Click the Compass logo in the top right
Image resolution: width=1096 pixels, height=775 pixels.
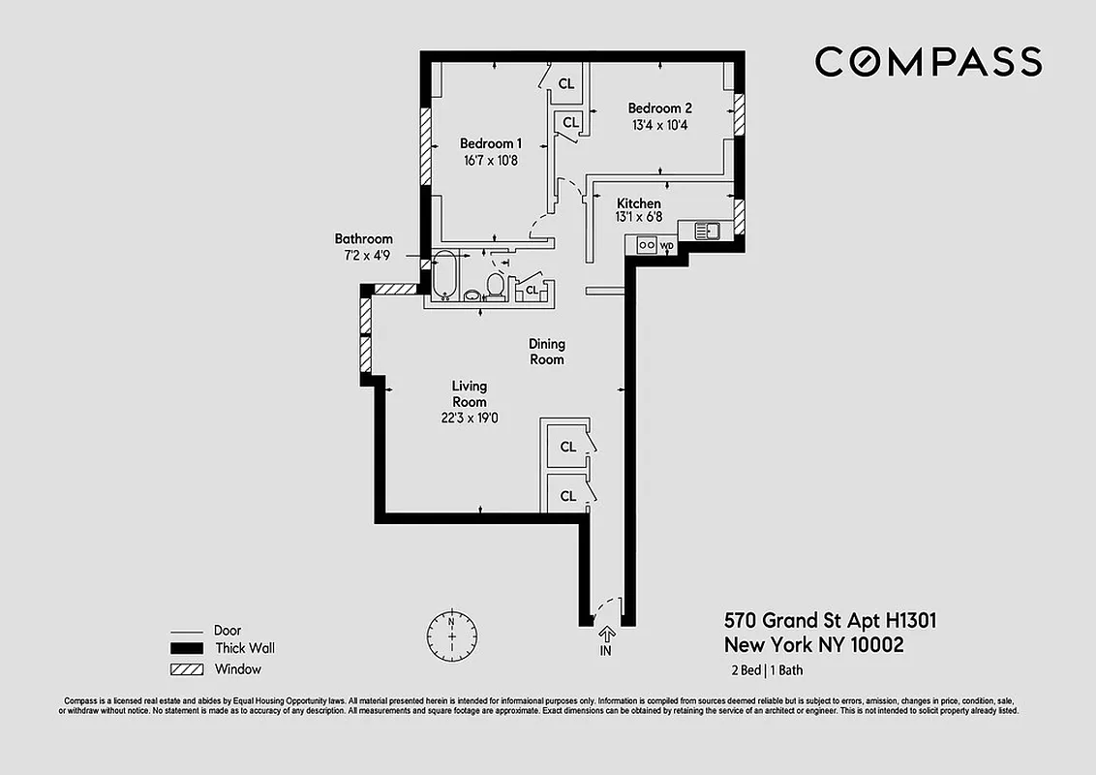point(928,62)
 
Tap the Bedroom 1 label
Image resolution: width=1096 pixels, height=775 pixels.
point(490,142)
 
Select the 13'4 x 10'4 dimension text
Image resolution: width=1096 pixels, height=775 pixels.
point(659,125)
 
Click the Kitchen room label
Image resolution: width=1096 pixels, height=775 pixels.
point(639,203)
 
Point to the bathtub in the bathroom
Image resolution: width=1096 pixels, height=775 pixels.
point(445,275)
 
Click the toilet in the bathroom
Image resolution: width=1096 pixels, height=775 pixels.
point(495,285)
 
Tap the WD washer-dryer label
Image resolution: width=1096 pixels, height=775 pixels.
point(666,246)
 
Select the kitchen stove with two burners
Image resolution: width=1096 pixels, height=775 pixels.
point(646,245)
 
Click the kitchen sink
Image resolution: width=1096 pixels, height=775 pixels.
point(706,231)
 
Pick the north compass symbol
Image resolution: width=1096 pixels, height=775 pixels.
point(451,635)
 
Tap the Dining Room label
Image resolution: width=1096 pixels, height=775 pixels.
point(546,352)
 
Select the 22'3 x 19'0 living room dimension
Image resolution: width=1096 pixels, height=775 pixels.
point(469,418)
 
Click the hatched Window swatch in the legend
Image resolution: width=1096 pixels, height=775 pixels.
point(187,669)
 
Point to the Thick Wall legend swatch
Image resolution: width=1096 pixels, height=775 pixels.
point(187,649)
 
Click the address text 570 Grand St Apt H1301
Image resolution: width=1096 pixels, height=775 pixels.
point(830,620)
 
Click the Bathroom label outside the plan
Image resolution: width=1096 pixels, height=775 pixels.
point(363,238)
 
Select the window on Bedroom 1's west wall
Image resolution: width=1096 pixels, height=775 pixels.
point(424,145)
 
